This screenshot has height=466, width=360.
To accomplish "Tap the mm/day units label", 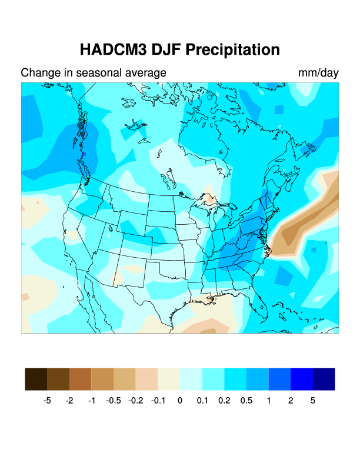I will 318,73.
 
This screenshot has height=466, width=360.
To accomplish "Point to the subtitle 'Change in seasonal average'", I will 94,73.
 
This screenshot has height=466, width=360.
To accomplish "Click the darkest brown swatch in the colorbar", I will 36,379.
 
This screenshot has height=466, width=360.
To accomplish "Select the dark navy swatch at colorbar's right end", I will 324,379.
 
